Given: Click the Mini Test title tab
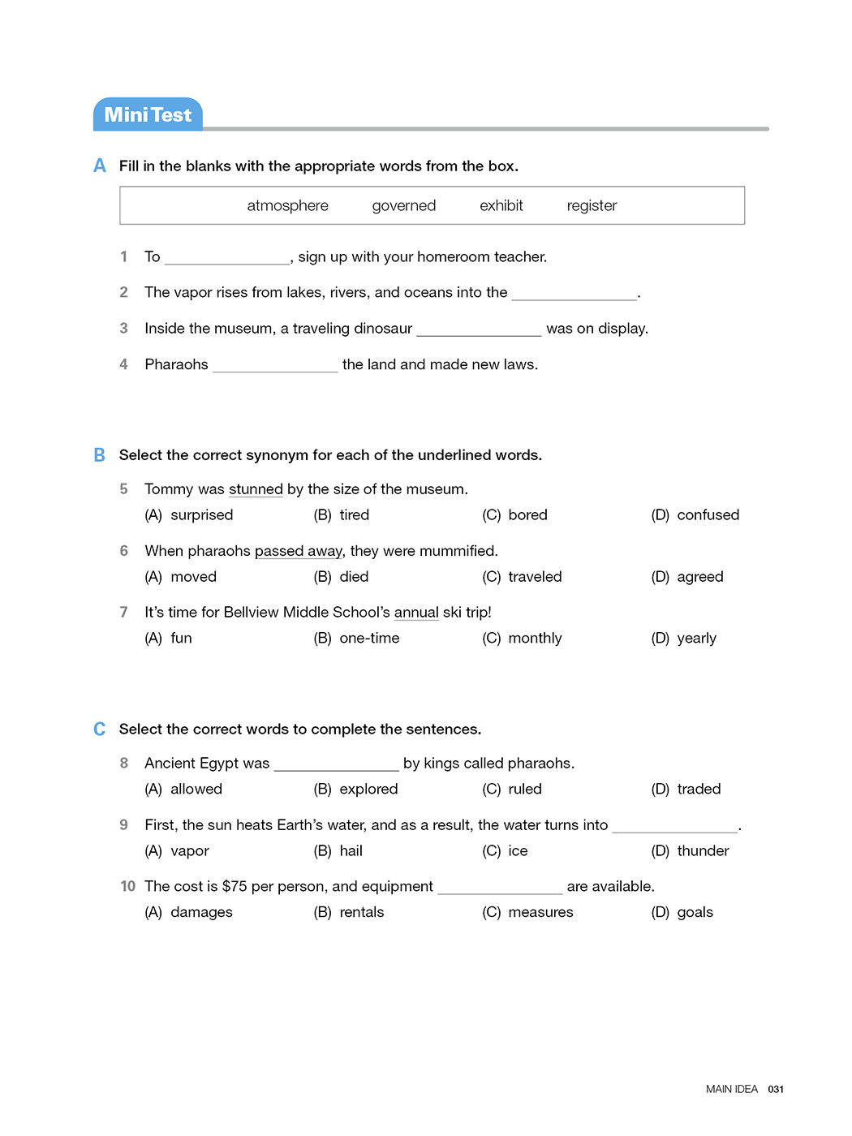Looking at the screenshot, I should point(148,115).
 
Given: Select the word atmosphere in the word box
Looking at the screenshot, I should point(287,206).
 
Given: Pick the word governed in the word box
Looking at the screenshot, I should point(403,206).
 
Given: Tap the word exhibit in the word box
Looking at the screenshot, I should point(501,206).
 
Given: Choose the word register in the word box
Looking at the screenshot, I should point(592,206).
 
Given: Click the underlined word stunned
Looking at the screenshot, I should point(256,489).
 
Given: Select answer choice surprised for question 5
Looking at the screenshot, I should point(201,515).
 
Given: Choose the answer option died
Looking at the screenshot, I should point(354,577).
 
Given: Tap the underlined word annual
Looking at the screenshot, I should point(416,613).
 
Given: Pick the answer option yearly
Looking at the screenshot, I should point(696,639).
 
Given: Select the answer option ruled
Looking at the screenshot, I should point(524,790).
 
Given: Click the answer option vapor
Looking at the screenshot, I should point(190,851).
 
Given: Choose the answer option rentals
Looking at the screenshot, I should point(361,913).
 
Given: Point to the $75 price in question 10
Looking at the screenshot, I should point(235,887).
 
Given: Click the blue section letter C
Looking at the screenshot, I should point(99,729).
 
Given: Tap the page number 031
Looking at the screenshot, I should point(776,1090).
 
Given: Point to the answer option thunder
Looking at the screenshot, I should point(703,851).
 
